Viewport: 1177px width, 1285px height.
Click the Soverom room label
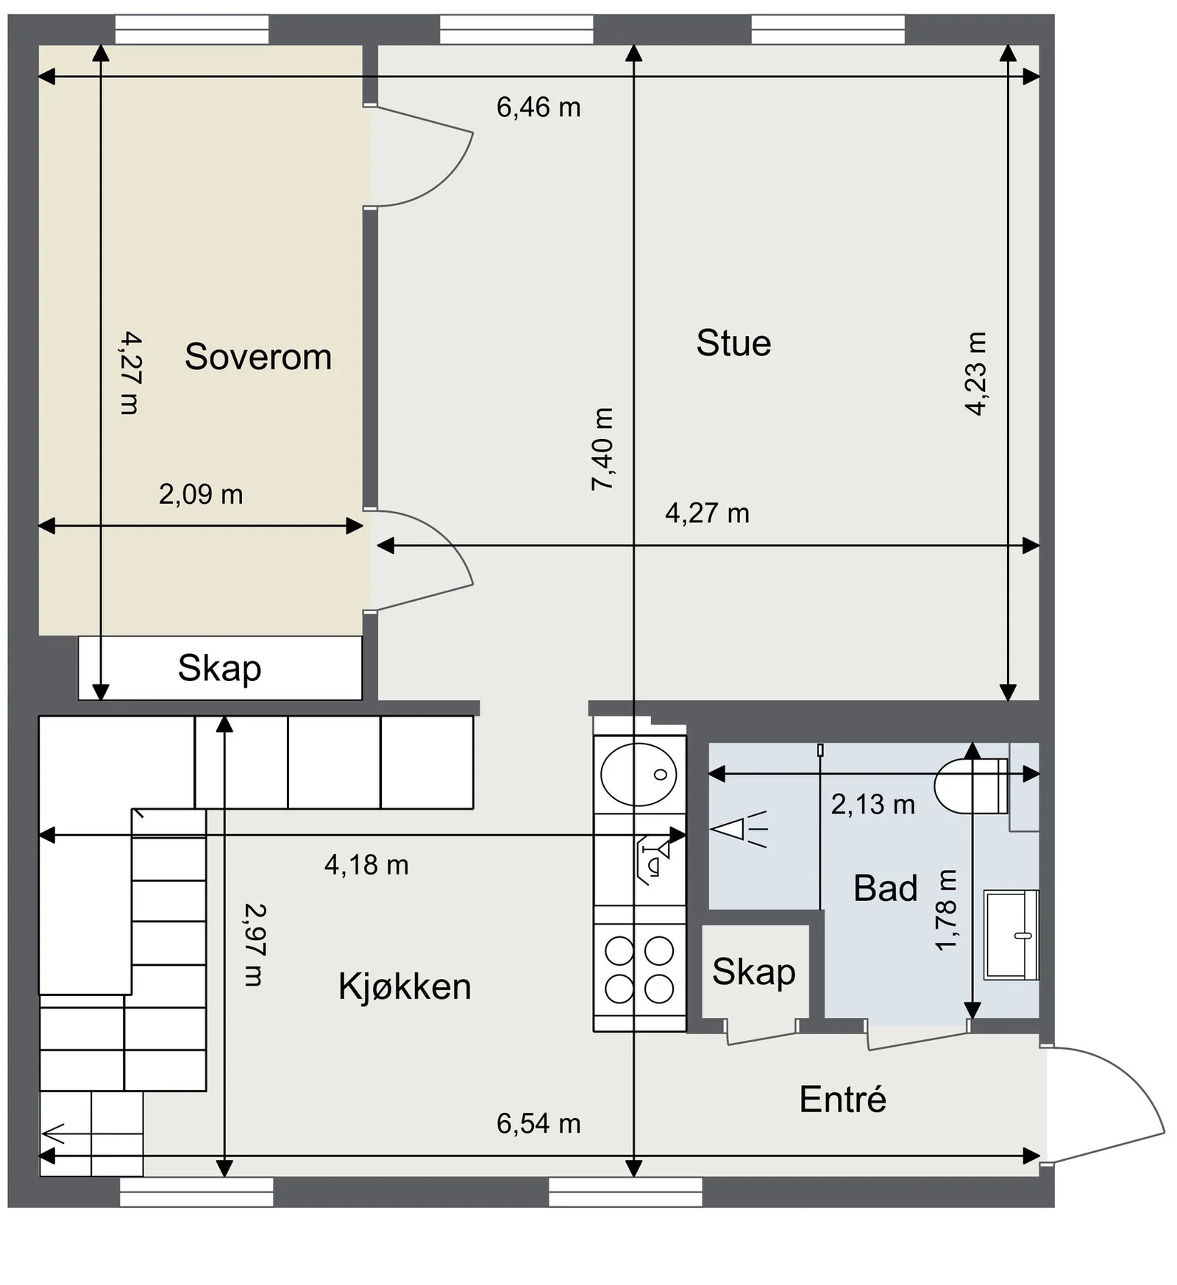click(x=258, y=357)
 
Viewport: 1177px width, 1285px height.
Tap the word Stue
click(x=733, y=344)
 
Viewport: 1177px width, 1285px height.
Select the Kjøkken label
click(x=405, y=986)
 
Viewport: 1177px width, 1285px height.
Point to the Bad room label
click(x=886, y=889)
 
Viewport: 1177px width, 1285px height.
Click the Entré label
click(x=843, y=1099)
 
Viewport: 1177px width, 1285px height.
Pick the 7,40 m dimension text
click(x=602, y=449)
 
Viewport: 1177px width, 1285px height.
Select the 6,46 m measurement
click(x=538, y=107)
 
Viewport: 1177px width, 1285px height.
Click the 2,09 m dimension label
click(x=201, y=494)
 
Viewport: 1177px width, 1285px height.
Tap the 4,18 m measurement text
click(x=366, y=865)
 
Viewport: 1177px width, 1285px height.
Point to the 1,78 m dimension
click(x=946, y=911)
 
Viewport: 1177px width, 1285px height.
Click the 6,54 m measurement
click(x=538, y=1124)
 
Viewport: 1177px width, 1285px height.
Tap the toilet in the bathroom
click(x=971, y=786)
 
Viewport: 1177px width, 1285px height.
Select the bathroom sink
click(x=1011, y=935)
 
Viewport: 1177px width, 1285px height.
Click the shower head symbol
click(x=739, y=830)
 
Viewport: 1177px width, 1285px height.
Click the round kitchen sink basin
click(x=639, y=774)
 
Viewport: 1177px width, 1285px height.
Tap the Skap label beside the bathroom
click(x=754, y=972)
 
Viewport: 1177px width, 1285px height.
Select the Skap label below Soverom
click(x=219, y=669)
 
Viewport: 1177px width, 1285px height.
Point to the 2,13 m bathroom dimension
click(x=873, y=805)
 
